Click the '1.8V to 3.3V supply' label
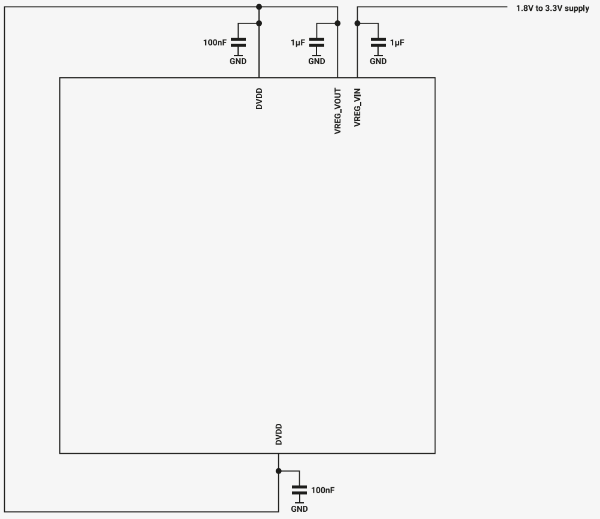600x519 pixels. click(553, 8)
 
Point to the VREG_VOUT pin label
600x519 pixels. click(337, 111)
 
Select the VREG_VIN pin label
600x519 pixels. click(357, 107)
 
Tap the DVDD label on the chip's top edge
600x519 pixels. click(259, 99)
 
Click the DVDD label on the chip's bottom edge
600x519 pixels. click(279, 435)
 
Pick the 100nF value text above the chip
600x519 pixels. click(215, 43)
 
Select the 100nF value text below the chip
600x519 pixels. click(322, 490)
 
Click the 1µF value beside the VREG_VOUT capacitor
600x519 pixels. click(298, 43)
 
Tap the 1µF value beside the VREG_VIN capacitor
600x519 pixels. click(397, 43)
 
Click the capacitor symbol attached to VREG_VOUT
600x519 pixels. click(316, 42)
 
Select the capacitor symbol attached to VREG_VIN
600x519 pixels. click(379, 42)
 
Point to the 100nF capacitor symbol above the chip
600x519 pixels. click(238, 42)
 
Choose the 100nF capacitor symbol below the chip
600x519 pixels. click(299, 490)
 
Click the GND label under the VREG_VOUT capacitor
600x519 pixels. click(316, 61)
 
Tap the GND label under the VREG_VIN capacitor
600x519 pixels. click(378, 61)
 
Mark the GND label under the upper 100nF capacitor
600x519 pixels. click(238, 61)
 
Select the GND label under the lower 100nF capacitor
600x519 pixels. click(299, 509)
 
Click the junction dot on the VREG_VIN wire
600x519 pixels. click(357, 23)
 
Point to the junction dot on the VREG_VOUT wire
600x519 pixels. click(337, 23)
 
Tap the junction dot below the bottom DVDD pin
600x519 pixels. click(279, 471)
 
